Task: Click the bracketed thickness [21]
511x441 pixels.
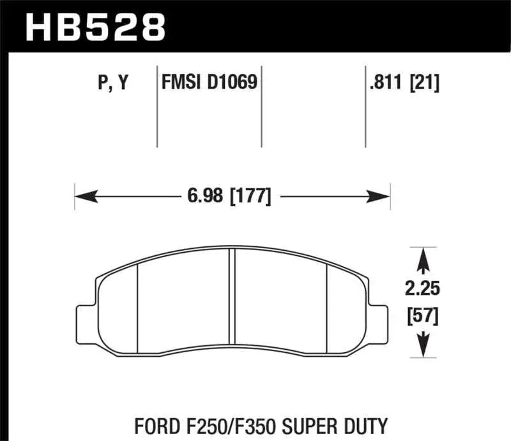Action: (425, 84)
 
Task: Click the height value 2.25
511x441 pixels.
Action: (422, 288)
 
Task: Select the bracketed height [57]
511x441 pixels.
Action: (422, 315)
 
